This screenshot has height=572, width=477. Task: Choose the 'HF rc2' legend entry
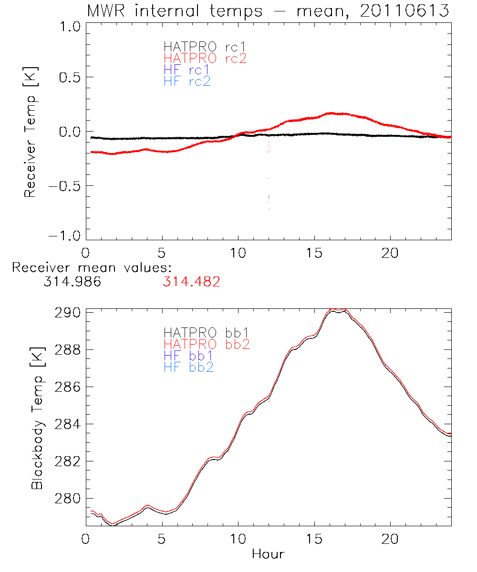187,82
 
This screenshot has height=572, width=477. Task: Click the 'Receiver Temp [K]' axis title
31,133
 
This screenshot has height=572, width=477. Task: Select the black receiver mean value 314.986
72,282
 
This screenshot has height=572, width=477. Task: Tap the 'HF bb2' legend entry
188,367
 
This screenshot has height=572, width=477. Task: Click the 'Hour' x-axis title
268,554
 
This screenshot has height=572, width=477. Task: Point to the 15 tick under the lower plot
314,539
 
